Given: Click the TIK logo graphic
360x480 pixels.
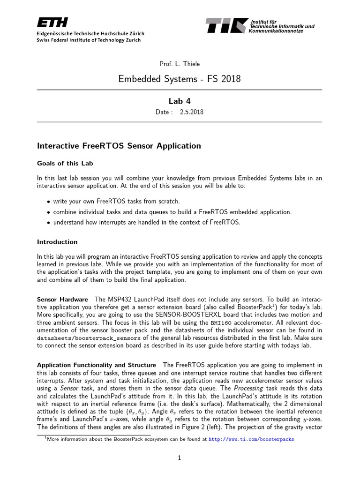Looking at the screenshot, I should click(226, 25).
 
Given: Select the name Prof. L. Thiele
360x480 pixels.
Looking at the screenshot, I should click(180, 63).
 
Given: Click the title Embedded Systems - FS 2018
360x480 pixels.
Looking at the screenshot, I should click(180, 79).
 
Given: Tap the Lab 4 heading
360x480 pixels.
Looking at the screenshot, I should click(180, 101).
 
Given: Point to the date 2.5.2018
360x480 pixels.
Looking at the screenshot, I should click(191, 112).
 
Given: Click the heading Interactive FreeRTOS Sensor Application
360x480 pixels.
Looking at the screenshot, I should click(119, 146).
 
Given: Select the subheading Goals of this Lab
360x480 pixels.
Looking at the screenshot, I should click(65, 163).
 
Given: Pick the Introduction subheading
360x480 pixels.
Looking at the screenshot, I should click(57, 242).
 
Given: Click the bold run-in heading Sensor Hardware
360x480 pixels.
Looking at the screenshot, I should click(62, 299).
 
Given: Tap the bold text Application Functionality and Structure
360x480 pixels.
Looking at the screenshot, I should click(96, 365).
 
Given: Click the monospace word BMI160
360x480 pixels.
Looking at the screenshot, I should click(221, 323).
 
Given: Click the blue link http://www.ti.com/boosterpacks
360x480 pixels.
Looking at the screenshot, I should click(251, 440).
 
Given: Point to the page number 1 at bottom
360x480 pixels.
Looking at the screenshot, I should click(180, 458).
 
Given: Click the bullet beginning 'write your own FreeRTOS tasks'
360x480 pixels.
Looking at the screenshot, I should click(116, 201).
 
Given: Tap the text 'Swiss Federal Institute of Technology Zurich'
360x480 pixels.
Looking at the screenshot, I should click(89, 40).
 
